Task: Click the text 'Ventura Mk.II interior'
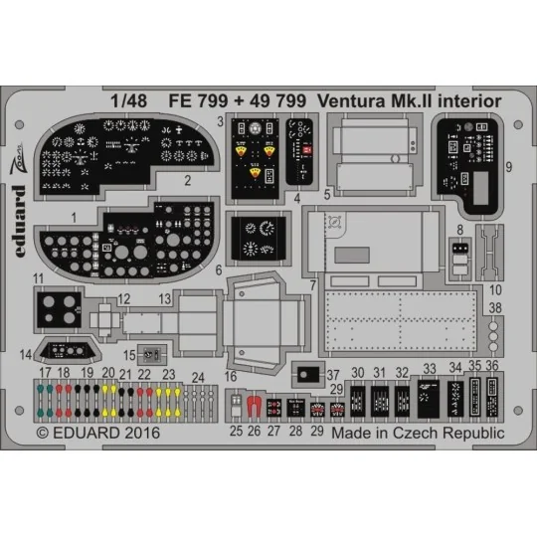pyautogui.click(x=410, y=100)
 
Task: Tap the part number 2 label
pyautogui.click(x=187, y=181)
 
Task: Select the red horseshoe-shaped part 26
pyautogui.click(x=254, y=406)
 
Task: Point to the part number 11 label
pyautogui.click(x=37, y=279)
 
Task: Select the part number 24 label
pyautogui.click(x=198, y=377)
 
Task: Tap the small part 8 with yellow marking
pyautogui.click(x=458, y=250)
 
